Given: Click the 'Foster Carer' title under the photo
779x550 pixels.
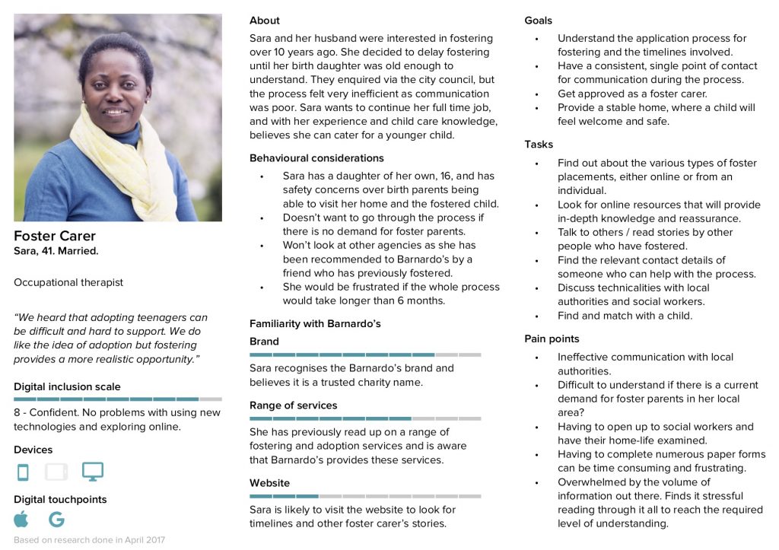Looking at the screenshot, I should [x=55, y=236].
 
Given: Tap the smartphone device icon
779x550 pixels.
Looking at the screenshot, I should [x=23, y=472].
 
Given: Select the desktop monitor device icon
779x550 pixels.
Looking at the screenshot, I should [x=93, y=472].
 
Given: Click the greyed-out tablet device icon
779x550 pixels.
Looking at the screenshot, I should [x=56, y=472].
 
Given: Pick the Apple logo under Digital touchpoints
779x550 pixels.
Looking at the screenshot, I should [x=21, y=520].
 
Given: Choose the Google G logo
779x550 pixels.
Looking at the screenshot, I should [x=56, y=520].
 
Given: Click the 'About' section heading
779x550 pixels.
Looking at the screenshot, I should [x=265, y=21].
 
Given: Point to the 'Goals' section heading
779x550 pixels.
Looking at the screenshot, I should [x=539, y=21].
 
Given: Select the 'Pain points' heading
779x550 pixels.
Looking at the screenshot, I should [x=552, y=339].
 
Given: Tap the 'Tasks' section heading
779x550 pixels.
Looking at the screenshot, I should [x=539, y=145].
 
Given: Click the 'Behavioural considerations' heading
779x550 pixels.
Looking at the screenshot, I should [x=316, y=158].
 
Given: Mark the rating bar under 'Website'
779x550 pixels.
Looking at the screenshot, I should [x=365, y=496].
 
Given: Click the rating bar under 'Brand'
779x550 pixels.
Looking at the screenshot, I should [x=365, y=354].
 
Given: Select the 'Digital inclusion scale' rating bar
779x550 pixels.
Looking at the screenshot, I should [x=118, y=399].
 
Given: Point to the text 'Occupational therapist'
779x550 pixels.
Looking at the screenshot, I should [x=68, y=282].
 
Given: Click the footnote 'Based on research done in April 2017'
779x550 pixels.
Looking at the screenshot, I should [x=89, y=540].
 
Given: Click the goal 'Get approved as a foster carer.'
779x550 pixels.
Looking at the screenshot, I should [x=632, y=94].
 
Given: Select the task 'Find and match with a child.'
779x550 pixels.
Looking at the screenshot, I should [x=625, y=316].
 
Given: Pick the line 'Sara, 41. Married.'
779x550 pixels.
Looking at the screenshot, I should [x=56, y=251].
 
